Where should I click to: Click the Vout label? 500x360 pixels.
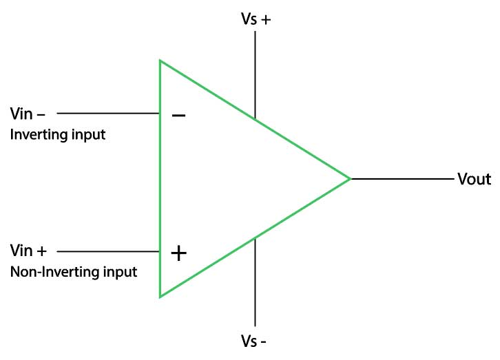point(474,180)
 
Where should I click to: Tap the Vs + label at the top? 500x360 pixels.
point(256,20)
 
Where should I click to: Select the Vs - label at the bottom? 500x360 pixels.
point(254,341)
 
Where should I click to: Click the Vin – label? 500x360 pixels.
point(28,113)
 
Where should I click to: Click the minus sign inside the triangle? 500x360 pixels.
point(178,115)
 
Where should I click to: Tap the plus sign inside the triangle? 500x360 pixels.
point(178,253)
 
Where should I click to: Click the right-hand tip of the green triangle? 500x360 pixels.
point(350,179)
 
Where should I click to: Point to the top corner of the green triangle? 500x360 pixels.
point(160,61)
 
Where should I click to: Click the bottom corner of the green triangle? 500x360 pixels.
point(160,296)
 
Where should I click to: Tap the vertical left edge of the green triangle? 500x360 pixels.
point(160,179)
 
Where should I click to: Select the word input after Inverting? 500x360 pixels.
point(90,134)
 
